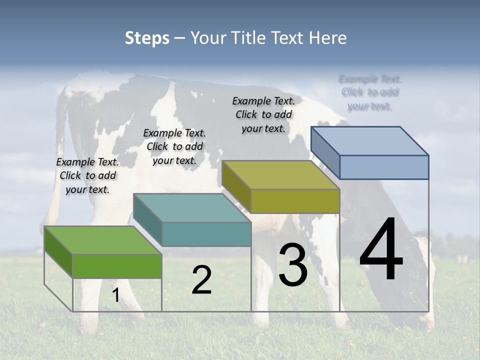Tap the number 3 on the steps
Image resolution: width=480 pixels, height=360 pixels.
(x=292, y=265)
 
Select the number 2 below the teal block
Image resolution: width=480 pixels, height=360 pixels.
(x=201, y=280)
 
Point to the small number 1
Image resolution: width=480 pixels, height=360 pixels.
(x=115, y=295)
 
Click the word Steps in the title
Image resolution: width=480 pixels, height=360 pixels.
(x=147, y=38)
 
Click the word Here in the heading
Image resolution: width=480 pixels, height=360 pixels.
(x=328, y=38)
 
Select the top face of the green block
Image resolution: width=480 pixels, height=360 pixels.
(x=103, y=240)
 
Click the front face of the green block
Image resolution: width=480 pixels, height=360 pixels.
(x=117, y=266)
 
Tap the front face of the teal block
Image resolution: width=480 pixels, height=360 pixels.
(x=206, y=234)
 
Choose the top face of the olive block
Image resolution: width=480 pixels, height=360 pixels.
(x=280, y=175)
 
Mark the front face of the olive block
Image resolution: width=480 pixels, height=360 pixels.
(x=295, y=201)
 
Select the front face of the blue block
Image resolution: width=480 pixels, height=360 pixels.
(x=384, y=167)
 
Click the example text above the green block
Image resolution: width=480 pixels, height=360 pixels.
(x=87, y=176)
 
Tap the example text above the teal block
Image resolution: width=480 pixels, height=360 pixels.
(x=174, y=146)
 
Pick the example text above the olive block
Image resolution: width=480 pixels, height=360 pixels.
(x=263, y=114)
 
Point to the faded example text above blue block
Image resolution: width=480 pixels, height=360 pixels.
(x=370, y=92)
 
